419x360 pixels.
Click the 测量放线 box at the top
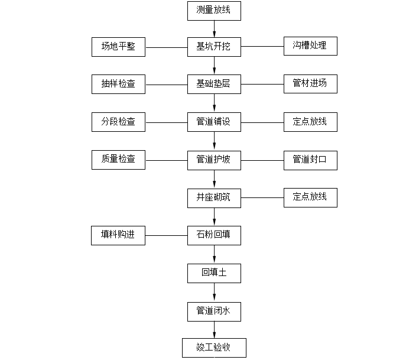coord(214,10)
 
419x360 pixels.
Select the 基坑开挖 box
coord(214,47)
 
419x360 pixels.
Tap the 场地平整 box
coord(118,47)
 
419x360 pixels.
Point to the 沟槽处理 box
coord(310,46)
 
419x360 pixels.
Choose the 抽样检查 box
coord(118,85)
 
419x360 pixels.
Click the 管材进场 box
coord(310,84)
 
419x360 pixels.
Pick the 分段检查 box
coord(118,122)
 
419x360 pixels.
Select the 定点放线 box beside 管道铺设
coord(310,122)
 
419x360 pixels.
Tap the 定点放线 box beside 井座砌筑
coord(310,197)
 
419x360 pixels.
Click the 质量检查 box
coord(118,160)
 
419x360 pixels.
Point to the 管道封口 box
coord(310,160)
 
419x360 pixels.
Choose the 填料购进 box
coord(118,235)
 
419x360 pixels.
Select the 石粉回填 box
coord(214,235)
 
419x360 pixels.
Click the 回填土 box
coord(214,273)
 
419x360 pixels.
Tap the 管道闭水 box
coord(214,310)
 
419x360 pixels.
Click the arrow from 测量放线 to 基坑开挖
coord(214,28)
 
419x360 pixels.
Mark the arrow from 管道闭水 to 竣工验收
coord(214,329)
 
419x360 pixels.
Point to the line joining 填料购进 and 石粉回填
coord(166,236)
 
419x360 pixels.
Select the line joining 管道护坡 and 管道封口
coord(262,160)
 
